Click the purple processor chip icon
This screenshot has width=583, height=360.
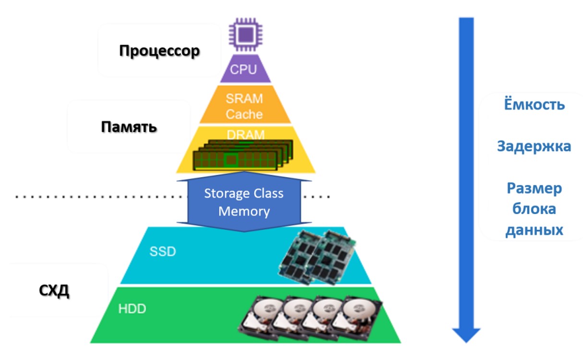(x=245, y=34)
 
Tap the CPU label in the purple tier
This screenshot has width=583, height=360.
(x=244, y=69)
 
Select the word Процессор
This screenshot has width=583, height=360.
(x=159, y=51)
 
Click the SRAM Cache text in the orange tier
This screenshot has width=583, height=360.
(x=244, y=107)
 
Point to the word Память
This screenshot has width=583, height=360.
(x=129, y=127)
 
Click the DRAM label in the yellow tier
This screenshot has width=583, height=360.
(x=245, y=135)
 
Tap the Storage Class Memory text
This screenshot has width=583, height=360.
(x=244, y=202)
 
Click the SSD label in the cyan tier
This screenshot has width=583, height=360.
(x=163, y=252)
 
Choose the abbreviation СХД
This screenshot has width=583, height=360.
(x=54, y=291)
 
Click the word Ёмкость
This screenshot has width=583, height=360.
(x=534, y=105)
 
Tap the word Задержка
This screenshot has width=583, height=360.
(x=534, y=146)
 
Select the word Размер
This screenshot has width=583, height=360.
(x=534, y=188)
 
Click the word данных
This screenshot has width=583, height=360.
(x=534, y=229)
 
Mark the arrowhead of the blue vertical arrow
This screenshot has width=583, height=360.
(x=466, y=335)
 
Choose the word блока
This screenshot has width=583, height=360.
(x=534, y=209)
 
